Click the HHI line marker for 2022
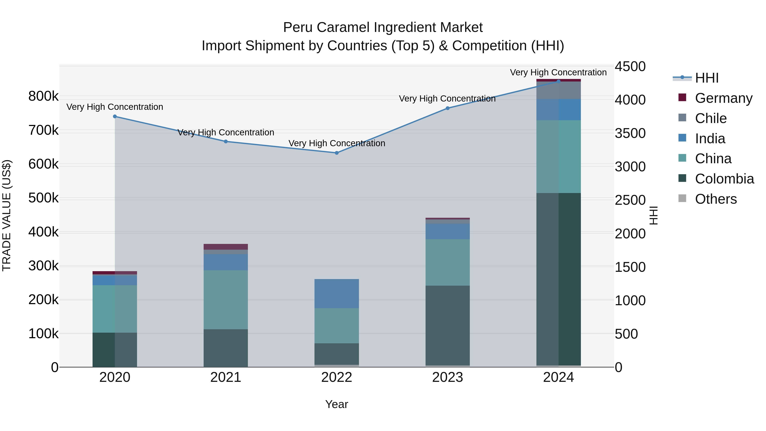pyautogui.click(x=337, y=153)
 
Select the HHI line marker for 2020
pyautogui.click(x=115, y=116)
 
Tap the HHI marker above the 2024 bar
pyautogui.click(x=559, y=81)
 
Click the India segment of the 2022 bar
pyautogui.click(x=337, y=294)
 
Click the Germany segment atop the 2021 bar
pyautogui.click(x=226, y=247)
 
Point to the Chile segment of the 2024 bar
pyautogui.click(x=559, y=90)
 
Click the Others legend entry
pyautogui.click(x=716, y=199)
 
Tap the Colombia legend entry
pyautogui.click(x=724, y=179)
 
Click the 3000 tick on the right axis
pyautogui.click(x=630, y=167)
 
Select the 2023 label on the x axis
pyautogui.click(x=447, y=377)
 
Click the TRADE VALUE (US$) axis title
pyautogui.click(x=7, y=215)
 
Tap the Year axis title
pyautogui.click(x=337, y=404)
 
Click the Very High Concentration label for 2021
pyautogui.click(x=226, y=132)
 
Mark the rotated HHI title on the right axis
pyautogui.click(x=653, y=215)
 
